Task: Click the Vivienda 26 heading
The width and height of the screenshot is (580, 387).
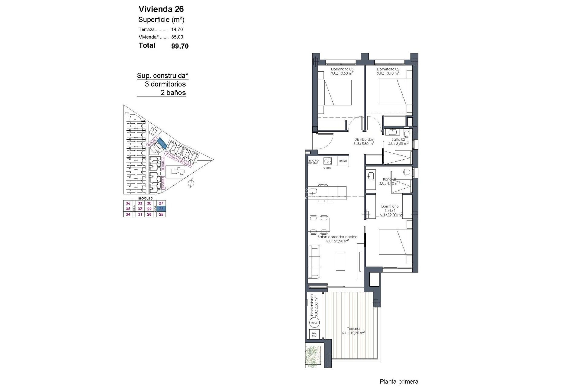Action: click(x=161, y=9)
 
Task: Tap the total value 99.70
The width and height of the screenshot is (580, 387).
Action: click(x=180, y=46)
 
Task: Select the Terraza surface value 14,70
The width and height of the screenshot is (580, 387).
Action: click(x=177, y=30)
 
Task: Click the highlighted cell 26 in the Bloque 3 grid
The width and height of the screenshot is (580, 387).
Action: click(x=161, y=209)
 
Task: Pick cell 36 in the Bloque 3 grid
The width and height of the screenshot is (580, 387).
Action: click(x=128, y=203)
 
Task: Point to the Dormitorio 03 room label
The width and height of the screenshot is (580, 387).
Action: click(x=342, y=69)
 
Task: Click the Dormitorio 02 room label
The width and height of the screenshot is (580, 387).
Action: click(x=388, y=69)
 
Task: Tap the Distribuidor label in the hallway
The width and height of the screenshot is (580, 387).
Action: click(x=364, y=139)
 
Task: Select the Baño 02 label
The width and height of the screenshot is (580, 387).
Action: click(x=398, y=139)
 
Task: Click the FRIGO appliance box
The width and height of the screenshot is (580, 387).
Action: click(x=343, y=161)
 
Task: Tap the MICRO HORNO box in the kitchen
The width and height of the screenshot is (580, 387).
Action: click(x=314, y=162)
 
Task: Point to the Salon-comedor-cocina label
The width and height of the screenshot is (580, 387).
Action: click(x=337, y=237)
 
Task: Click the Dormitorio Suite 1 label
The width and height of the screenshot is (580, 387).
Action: click(x=390, y=208)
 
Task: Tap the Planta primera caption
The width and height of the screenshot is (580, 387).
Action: click(x=399, y=382)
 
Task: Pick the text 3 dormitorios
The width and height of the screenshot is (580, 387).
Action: click(x=165, y=84)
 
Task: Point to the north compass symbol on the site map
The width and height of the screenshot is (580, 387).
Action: click(x=191, y=183)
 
